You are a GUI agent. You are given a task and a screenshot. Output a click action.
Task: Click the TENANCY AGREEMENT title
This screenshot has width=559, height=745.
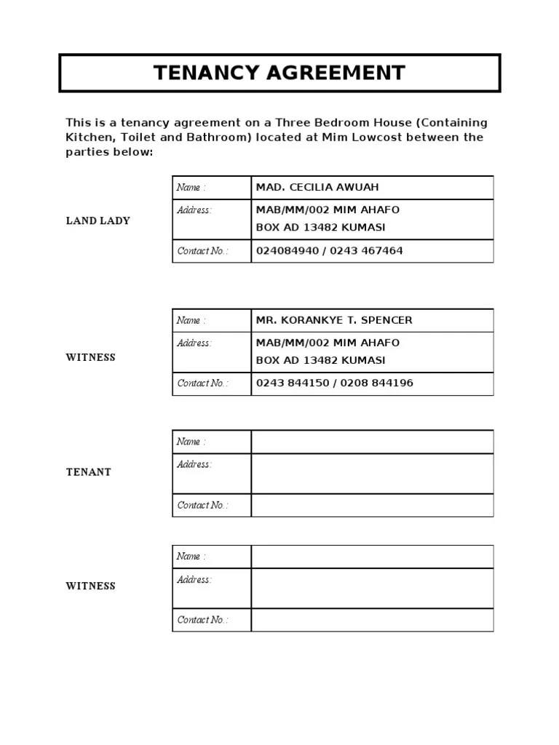[x=279, y=73]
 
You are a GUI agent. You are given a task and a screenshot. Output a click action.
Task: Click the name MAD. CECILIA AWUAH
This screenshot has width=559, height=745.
[x=317, y=188]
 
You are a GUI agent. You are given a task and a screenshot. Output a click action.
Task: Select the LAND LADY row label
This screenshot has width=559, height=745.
[x=98, y=220]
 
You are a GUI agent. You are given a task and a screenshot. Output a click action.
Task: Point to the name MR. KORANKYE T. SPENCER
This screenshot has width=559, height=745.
[x=333, y=321]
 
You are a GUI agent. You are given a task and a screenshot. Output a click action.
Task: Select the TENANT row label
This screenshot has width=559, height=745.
[x=89, y=472]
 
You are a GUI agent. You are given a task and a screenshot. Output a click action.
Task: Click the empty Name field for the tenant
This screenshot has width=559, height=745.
[x=372, y=442]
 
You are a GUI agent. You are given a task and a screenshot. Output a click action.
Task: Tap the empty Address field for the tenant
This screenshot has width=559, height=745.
[x=372, y=473]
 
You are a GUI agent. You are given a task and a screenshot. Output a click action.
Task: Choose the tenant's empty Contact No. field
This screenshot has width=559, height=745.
[x=372, y=506]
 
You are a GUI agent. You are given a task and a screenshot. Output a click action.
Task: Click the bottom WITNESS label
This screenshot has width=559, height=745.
[x=91, y=586]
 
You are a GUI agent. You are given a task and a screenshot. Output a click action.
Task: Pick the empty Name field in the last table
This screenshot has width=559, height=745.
[x=372, y=557]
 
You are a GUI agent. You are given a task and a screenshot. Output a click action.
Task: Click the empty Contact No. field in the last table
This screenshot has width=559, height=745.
[x=372, y=620]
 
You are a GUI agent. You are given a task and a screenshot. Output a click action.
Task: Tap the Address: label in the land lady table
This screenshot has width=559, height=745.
[x=194, y=210]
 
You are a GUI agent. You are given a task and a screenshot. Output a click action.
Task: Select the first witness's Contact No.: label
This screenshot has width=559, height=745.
[x=202, y=383]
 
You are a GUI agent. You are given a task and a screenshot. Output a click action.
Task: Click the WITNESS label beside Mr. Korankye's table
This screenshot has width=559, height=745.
[x=91, y=358]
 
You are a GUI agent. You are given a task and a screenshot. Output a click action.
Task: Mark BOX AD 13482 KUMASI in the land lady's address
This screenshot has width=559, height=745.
[x=321, y=228]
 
